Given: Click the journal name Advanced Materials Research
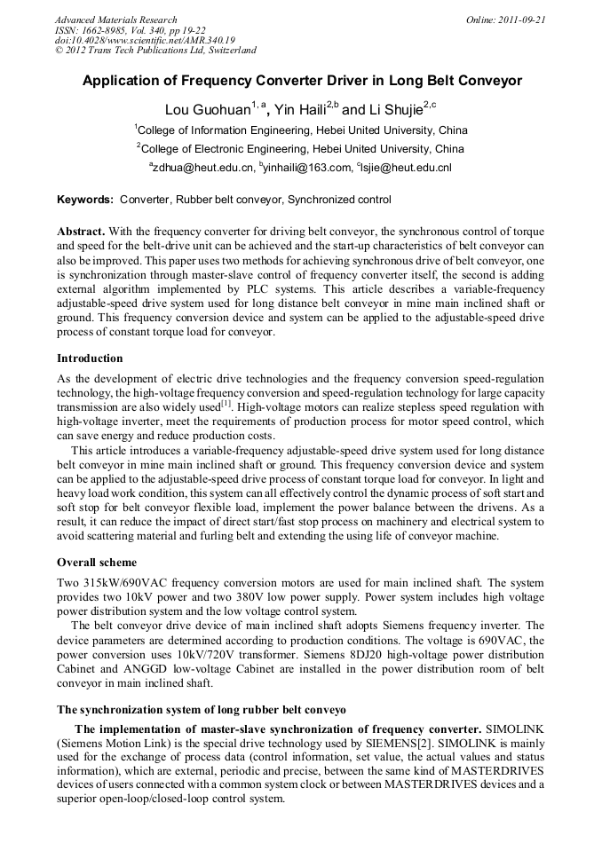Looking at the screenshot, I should click(115, 20).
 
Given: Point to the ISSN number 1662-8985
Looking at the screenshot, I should click(101, 30).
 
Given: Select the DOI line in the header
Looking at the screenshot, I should click(145, 40).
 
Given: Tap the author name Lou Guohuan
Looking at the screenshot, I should click(207, 110).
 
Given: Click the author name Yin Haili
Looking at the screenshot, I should click(300, 110).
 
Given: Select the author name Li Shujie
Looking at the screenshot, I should click(394, 110).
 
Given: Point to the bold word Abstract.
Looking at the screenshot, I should click(81, 231).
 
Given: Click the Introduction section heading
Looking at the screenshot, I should click(90, 359).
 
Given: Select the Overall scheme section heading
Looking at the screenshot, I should click(97, 562).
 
